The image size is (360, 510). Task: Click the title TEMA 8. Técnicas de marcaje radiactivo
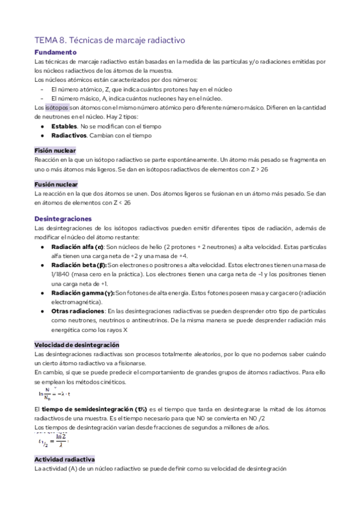(x=109, y=40)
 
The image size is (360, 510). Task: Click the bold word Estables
(x=64, y=126)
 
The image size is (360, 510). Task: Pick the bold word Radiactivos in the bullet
(x=69, y=135)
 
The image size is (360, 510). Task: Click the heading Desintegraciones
(x=63, y=218)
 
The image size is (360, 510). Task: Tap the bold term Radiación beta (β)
(x=79, y=265)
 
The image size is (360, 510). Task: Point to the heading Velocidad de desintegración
(x=77, y=345)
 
